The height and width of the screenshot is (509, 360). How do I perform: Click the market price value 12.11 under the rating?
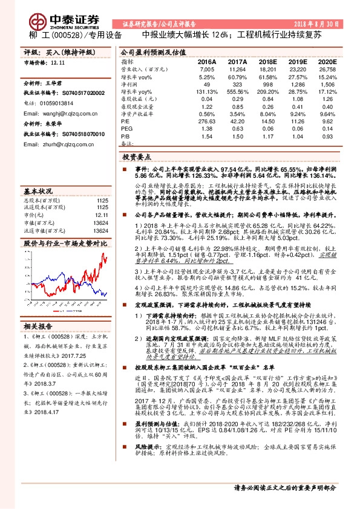58,62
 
